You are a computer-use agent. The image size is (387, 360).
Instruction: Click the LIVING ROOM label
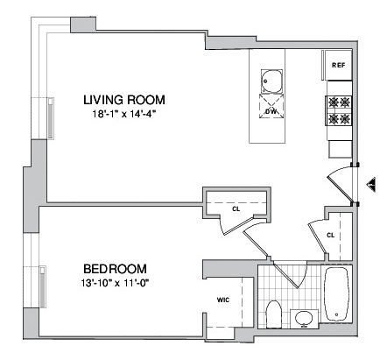124,100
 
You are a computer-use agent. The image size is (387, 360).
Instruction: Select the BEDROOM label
116,269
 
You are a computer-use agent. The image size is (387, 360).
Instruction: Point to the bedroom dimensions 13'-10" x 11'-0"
116,283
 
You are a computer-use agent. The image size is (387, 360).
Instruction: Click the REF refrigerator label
338,66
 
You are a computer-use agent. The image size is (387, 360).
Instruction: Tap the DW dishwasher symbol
271,106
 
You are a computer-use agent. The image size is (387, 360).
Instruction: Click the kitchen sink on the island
272,81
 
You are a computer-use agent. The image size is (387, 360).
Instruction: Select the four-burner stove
340,110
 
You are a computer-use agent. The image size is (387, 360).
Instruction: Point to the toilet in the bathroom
274,314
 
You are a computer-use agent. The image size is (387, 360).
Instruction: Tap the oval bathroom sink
304,318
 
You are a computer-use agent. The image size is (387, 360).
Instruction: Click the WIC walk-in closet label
223,300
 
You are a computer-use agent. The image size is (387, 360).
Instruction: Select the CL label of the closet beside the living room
236,209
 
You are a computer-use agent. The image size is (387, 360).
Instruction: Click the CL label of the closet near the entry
330,235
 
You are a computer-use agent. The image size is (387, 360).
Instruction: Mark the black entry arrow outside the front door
371,185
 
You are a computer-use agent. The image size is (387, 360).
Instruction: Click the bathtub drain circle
336,314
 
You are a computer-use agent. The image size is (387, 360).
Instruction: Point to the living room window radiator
51,118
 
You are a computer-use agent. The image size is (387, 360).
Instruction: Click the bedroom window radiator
43,286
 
